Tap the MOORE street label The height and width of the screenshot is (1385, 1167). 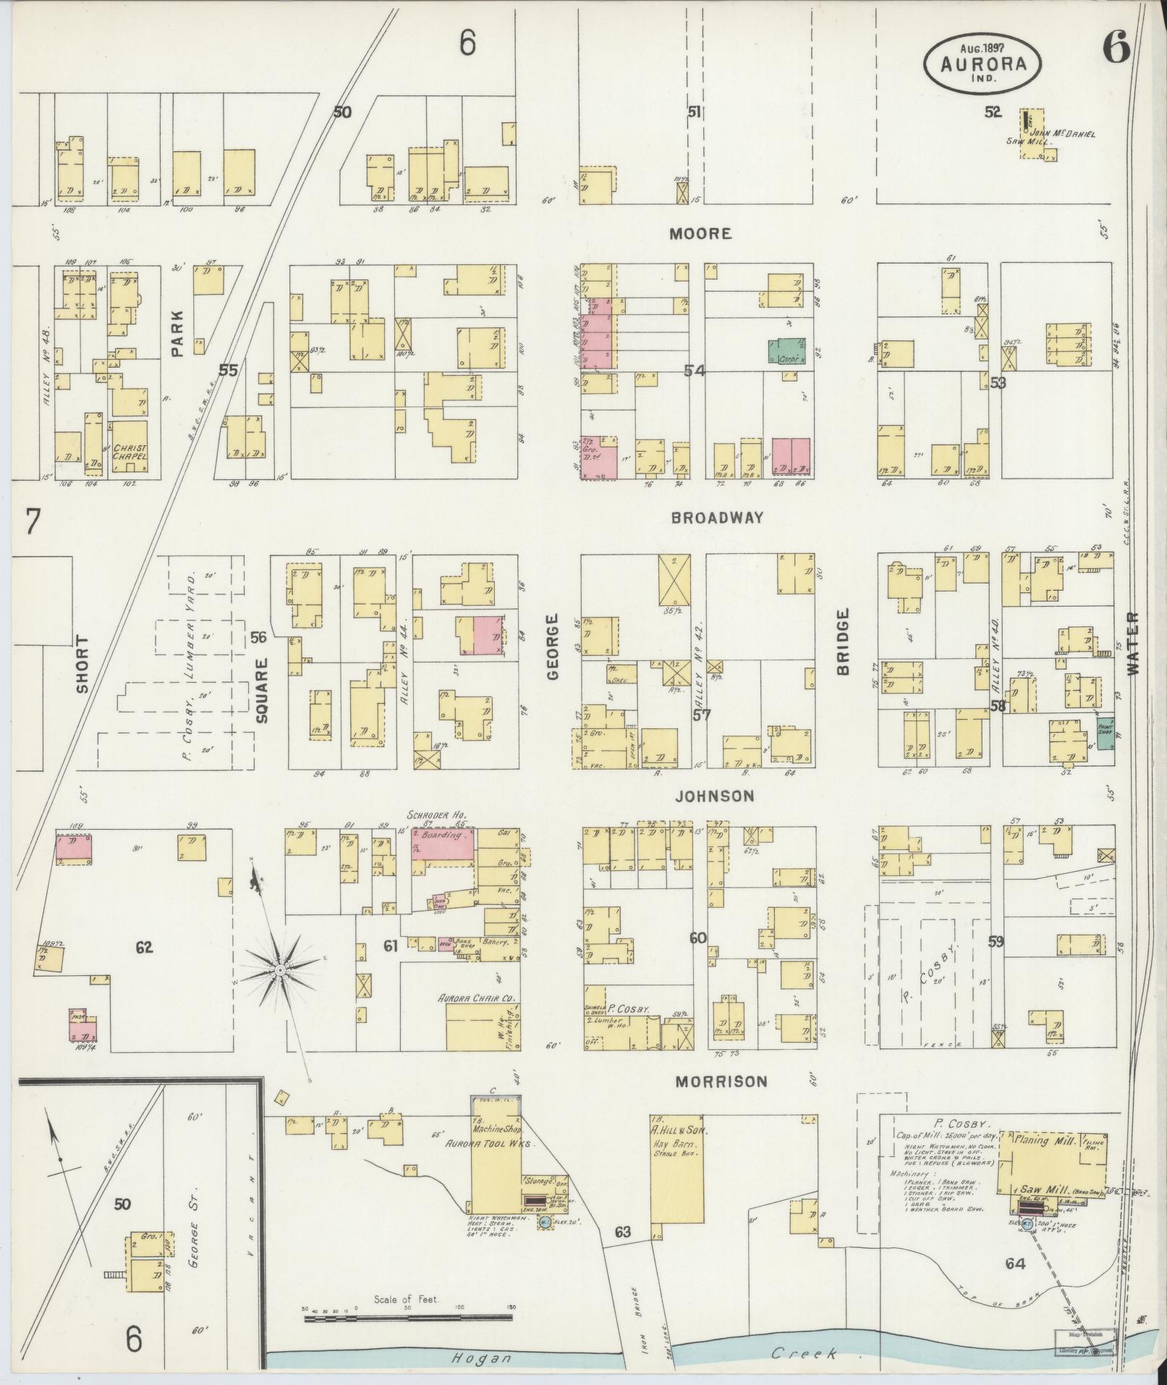coord(700,234)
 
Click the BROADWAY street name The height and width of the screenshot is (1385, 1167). coord(716,518)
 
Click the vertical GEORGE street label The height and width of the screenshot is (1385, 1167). coord(553,647)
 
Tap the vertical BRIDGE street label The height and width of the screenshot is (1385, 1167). coord(844,641)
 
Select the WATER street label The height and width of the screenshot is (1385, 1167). coord(1132,642)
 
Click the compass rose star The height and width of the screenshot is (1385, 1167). coord(280,969)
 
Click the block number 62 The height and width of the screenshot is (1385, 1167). coord(144,946)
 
